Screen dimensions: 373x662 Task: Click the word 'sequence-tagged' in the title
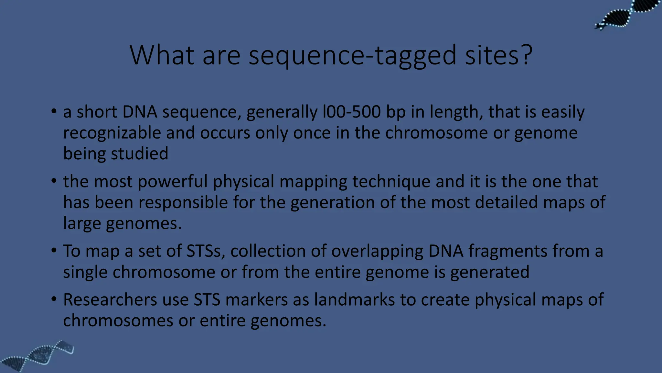[x=352, y=56]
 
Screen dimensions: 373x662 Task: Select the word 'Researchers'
[x=110, y=300]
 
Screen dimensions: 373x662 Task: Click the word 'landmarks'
[x=354, y=300]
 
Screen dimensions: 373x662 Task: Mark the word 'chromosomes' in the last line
[x=118, y=321]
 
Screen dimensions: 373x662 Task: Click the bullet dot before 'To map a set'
[x=54, y=250]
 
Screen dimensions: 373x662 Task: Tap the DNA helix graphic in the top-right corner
[x=627, y=15]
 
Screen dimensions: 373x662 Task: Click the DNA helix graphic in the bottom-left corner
[x=37, y=356]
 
